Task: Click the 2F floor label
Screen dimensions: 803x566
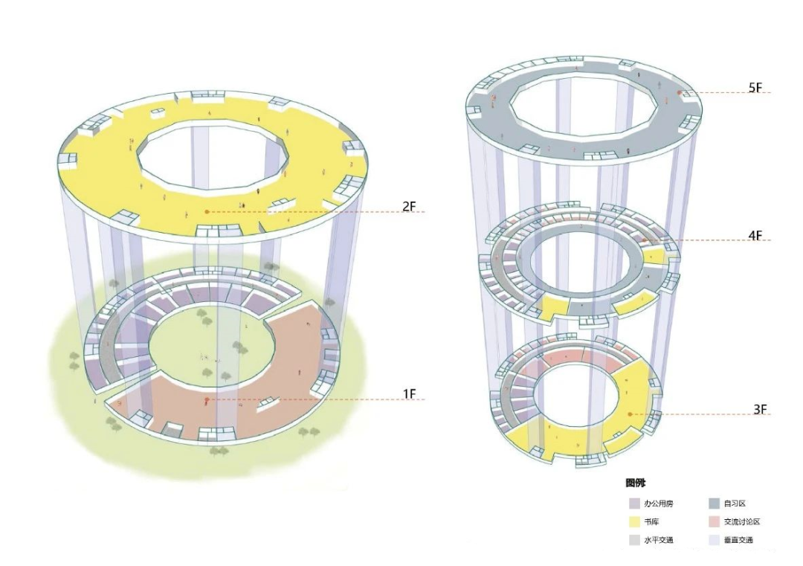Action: click(x=409, y=207)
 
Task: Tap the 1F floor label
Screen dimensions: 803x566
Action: click(x=409, y=394)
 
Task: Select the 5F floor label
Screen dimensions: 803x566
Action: click(x=755, y=88)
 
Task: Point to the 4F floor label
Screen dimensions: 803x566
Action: click(x=755, y=236)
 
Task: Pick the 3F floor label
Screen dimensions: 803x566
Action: click(x=760, y=409)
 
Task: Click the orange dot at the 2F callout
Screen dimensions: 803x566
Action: click(x=207, y=211)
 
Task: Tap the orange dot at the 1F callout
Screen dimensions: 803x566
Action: click(x=207, y=399)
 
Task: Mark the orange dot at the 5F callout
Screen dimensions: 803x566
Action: click(x=679, y=93)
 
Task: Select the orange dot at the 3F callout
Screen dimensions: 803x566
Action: click(x=631, y=414)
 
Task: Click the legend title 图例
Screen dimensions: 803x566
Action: click(x=636, y=483)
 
